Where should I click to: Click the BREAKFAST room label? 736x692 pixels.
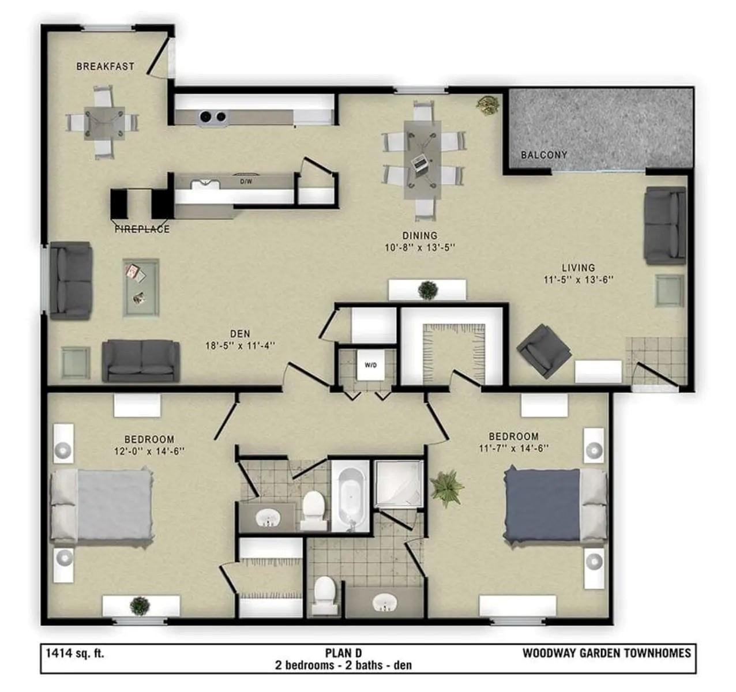pos(105,66)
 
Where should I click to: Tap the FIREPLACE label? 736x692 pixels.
pos(142,229)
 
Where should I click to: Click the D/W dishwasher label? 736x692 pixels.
pos(245,181)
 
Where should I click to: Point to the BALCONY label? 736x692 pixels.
pos(543,155)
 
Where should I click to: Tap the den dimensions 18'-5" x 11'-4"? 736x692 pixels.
pos(240,346)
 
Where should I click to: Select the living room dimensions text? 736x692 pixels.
pos(578,280)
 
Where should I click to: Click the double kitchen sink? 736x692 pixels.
pos(212,117)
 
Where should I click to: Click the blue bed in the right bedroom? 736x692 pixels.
pos(542,505)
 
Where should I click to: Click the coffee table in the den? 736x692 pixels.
pos(141,287)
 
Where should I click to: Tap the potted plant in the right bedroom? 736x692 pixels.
pos(446,486)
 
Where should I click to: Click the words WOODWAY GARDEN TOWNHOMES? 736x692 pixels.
pos(606,653)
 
